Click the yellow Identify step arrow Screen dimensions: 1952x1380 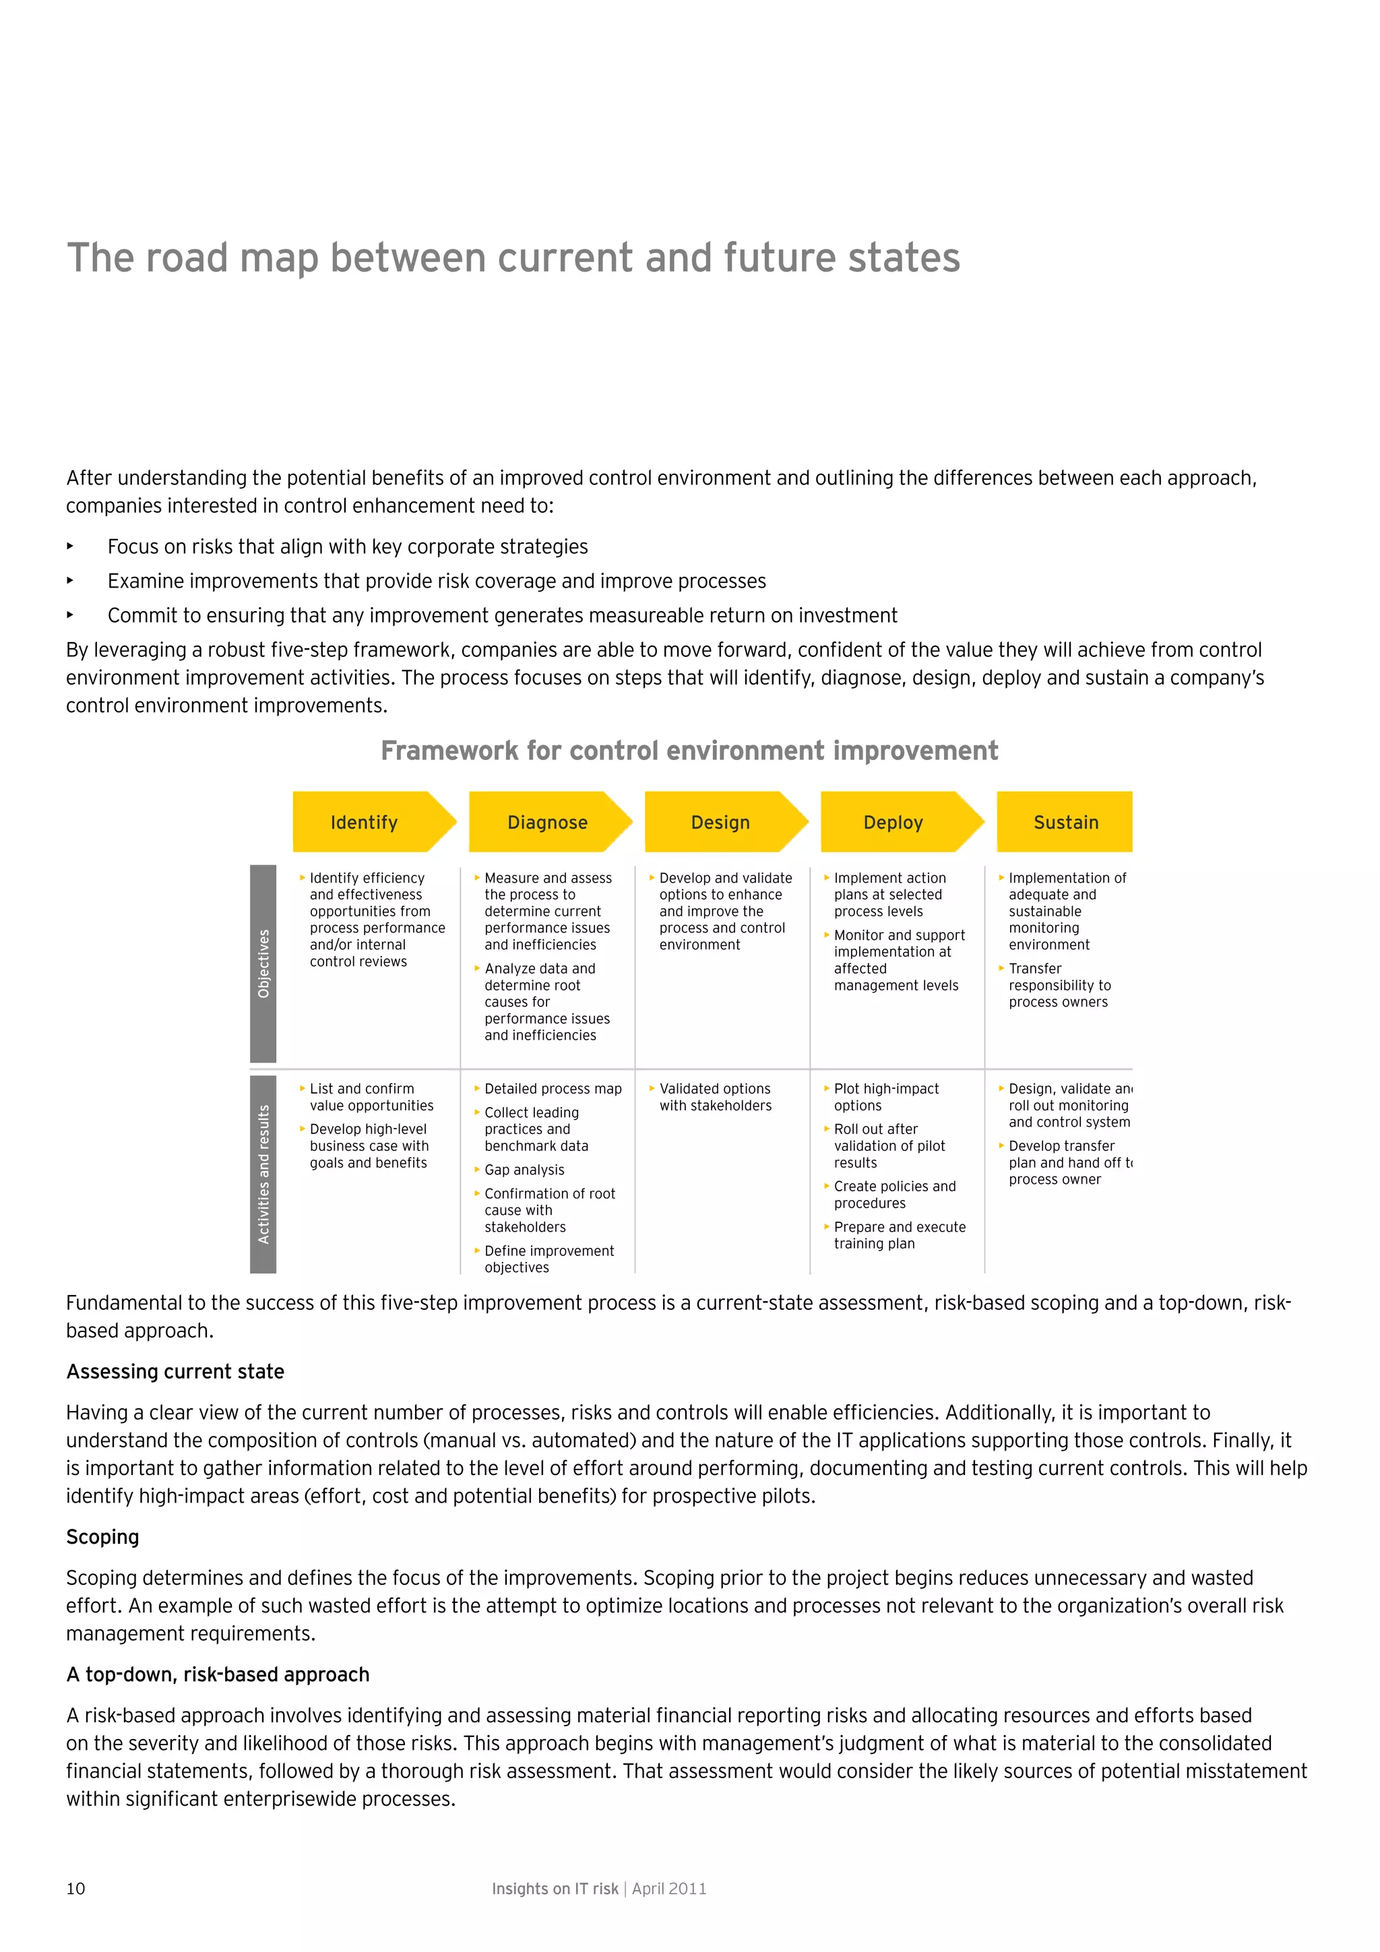pos(366,822)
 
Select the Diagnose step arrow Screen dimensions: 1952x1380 pos(548,822)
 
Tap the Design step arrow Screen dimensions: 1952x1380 pos(720,822)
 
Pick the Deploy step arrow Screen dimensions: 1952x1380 pos(893,822)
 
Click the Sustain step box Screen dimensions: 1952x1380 pos(1065,822)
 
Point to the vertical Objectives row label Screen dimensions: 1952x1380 pos(263,964)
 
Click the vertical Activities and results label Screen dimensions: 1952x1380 pos(263,1174)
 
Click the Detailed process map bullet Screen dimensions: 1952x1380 pos(553,1089)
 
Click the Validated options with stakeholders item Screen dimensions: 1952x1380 pos(714,1097)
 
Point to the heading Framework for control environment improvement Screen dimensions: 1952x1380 pos(689,751)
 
